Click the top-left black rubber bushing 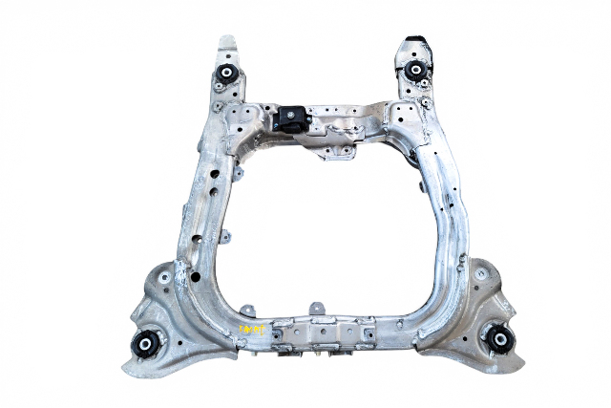click(x=227, y=74)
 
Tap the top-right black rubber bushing click(x=415, y=72)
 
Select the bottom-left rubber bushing click(x=146, y=344)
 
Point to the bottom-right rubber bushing click(x=498, y=337)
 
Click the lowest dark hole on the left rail click(x=195, y=277)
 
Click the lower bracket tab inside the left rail click(x=226, y=236)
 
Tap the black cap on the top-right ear click(x=417, y=42)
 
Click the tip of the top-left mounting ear click(x=227, y=42)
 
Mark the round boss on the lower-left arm click(x=165, y=278)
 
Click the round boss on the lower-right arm click(x=481, y=273)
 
